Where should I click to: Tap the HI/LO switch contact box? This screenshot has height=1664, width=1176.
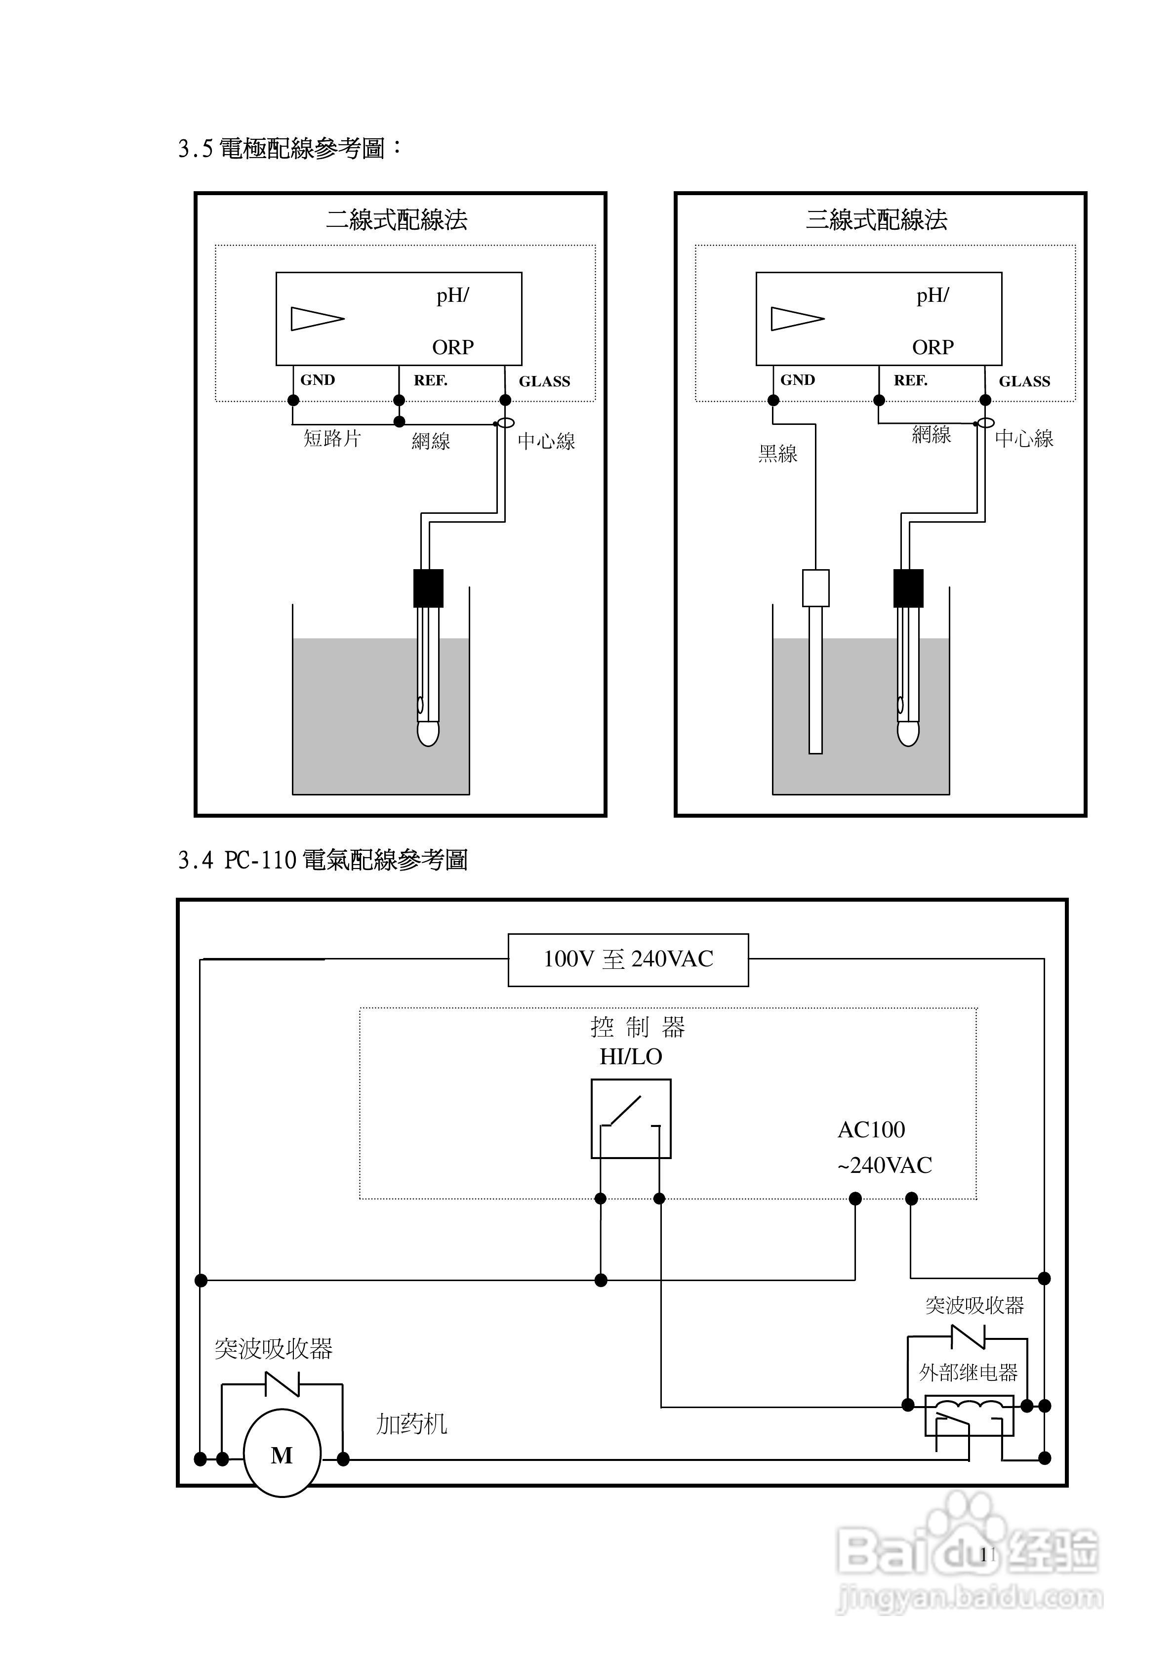coord(630,1118)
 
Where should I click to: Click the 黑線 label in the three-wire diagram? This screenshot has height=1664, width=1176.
coord(777,454)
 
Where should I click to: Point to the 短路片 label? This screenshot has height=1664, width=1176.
coord(332,438)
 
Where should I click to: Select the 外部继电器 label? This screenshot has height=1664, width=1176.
coord(968,1372)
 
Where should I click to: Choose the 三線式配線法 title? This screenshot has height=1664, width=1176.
coord(876,219)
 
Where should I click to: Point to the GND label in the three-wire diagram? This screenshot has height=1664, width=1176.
coord(797,380)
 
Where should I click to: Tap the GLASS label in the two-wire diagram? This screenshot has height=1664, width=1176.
coord(544,381)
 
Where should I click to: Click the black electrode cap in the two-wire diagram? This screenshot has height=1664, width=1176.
coord(428,588)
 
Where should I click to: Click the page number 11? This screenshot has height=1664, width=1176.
coord(988,1554)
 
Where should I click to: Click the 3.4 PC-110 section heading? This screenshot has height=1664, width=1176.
coord(323,860)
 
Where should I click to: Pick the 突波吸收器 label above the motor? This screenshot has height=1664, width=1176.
coord(273,1349)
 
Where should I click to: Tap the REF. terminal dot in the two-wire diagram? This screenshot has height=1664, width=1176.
coord(399,400)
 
